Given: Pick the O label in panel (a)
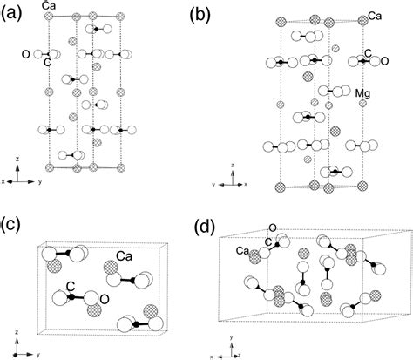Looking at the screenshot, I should [26, 54].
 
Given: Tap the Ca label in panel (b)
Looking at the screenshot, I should [376, 16].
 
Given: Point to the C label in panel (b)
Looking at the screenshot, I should [369, 54].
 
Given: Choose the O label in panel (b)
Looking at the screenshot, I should [382, 61].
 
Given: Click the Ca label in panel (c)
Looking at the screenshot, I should [123, 258].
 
